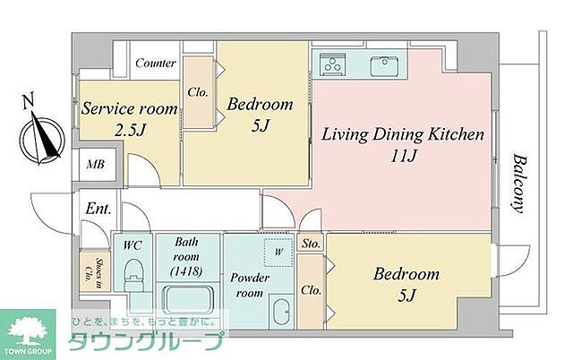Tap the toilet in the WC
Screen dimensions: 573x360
coord(133,277)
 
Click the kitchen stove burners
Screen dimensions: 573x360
coord(333,64)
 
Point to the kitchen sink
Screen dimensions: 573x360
coord(384,66)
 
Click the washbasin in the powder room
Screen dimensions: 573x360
coord(281,312)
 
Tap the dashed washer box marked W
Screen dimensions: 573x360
coord(278,252)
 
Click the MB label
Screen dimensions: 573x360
coord(96,165)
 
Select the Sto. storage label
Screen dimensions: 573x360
coord(311,244)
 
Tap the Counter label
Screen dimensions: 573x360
coord(156,64)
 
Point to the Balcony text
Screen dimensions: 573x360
coord(520,184)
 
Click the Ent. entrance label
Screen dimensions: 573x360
coord(98,209)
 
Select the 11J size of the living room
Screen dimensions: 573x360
coord(404,157)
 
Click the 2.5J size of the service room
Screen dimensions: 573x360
coord(131,130)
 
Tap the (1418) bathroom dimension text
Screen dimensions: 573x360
coord(186,272)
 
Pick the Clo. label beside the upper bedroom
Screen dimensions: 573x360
coord(198,92)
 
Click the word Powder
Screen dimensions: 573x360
coord(250,278)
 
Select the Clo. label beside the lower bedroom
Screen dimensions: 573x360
coord(312,290)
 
